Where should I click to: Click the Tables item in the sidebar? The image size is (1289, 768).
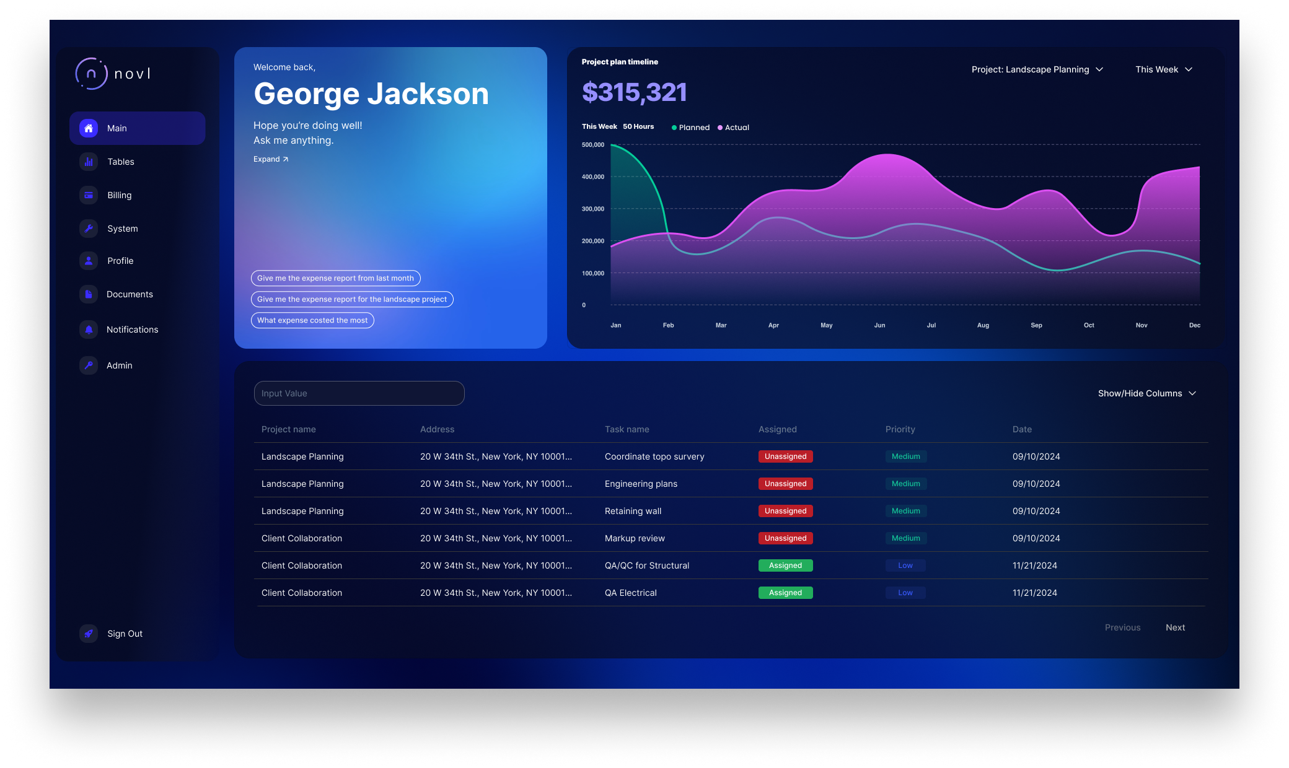[x=120, y=162]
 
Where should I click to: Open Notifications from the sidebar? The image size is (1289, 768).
[x=132, y=329]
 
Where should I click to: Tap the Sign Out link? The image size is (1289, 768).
[x=125, y=634]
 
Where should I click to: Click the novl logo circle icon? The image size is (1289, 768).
[x=91, y=74]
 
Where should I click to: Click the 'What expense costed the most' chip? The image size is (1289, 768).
[x=312, y=320]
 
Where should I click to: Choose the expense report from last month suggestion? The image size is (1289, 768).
[x=335, y=278]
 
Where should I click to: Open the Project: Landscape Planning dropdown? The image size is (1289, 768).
[x=1037, y=69]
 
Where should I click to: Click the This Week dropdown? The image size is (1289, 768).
[x=1163, y=69]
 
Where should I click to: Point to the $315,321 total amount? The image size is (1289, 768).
[x=634, y=93]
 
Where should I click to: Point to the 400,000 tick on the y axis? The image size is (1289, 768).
[x=592, y=177]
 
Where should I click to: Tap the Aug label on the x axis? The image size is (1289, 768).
[x=983, y=325]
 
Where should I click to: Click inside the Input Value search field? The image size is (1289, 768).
[x=359, y=393]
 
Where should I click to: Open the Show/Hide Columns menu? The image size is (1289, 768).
[x=1146, y=393]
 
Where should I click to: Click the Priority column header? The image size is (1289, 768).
[x=900, y=429]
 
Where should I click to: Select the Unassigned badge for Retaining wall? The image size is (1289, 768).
[x=785, y=511]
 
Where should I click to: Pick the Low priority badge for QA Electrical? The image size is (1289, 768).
[x=905, y=593]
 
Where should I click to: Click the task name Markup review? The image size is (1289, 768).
[x=635, y=538]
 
